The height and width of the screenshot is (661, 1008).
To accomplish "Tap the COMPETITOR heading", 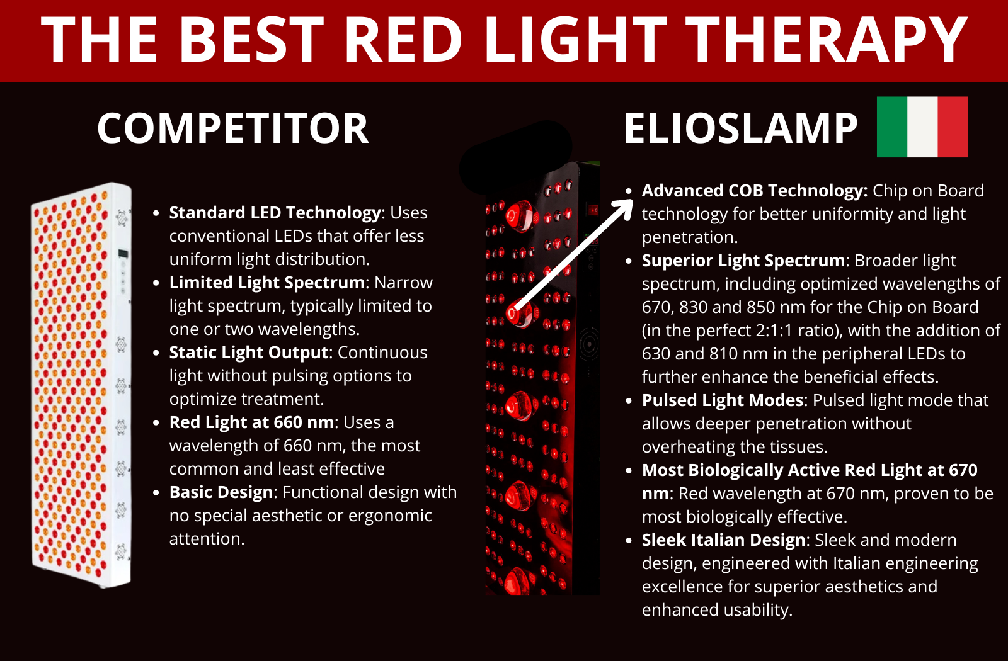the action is (x=233, y=128).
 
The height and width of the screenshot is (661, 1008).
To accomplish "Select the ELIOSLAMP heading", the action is (x=741, y=128).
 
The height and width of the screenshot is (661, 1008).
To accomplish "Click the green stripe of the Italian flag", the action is (x=892, y=127).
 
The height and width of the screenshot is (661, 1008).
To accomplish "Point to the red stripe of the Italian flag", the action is (x=953, y=127).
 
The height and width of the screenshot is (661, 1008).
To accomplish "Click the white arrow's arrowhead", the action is (x=623, y=208).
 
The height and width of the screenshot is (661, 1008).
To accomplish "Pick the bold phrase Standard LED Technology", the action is (x=275, y=213).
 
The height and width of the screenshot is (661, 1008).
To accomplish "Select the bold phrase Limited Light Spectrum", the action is (x=267, y=283).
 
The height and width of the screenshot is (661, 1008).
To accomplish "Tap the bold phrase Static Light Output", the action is (x=248, y=352).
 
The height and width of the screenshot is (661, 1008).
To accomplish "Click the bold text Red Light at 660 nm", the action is (x=251, y=422).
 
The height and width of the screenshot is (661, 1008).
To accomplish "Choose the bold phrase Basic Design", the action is (x=221, y=492).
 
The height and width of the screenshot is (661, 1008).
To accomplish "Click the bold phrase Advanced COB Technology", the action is (x=754, y=191).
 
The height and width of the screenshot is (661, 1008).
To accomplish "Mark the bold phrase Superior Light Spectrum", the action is (x=743, y=261).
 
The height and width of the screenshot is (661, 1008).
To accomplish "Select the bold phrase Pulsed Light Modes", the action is (x=723, y=400).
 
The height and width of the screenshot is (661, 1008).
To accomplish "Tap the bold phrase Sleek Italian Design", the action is (x=723, y=540).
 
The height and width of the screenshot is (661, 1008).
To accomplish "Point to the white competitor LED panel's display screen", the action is (x=123, y=254).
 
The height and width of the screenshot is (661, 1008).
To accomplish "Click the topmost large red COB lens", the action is (x=520, y=217).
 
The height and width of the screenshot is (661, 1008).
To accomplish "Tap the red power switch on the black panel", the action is (x=593, y=210).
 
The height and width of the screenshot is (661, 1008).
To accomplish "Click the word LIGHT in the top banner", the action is (x=576, y=39).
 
